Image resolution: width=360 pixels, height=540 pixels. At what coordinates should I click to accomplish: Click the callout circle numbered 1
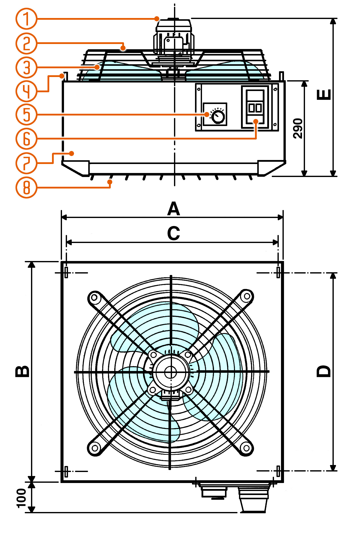[26, 19]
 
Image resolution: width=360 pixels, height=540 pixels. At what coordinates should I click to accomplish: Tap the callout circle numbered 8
[26, 187]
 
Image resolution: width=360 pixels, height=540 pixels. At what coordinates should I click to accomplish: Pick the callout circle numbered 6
[26, 139]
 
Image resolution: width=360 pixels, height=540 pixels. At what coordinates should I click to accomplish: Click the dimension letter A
[173, 209]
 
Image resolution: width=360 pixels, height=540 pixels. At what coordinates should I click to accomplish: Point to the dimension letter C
[173, 233]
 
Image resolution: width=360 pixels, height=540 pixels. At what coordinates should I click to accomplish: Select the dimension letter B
[22, 371]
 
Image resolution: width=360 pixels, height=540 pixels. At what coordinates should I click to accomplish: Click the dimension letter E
[324, 95]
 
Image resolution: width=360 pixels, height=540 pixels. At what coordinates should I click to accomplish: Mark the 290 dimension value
[298, 128]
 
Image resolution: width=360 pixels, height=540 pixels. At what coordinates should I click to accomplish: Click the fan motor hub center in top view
[171, 372]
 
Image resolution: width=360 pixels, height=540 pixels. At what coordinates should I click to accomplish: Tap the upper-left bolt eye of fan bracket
[94, 297]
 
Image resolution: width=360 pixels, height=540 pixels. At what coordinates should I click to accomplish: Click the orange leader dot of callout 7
[72, 153]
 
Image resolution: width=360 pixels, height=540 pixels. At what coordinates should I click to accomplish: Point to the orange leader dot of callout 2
[123, 48]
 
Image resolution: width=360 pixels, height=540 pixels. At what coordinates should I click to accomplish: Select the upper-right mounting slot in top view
[278, 272]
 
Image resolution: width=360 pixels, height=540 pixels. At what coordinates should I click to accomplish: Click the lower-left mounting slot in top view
[66, 471]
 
